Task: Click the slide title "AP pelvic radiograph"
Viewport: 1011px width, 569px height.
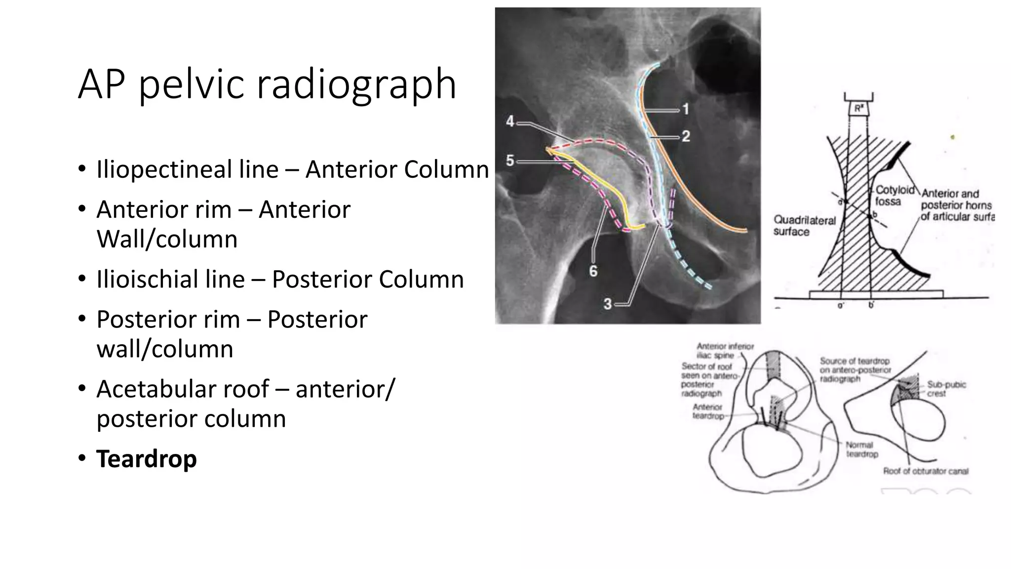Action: point(267,84)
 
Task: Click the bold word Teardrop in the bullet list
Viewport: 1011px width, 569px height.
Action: point(147,458)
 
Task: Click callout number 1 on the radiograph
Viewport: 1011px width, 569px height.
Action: point(685,109)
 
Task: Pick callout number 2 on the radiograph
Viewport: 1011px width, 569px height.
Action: point(686,136)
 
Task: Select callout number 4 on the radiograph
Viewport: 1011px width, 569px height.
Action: point(510,122)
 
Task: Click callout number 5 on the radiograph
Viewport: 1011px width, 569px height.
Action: point(510,161)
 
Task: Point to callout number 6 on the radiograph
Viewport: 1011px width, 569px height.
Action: point(593,271)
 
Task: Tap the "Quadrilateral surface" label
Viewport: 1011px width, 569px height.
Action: point(804,226)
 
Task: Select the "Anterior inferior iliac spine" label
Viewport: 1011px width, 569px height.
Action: point(725,351)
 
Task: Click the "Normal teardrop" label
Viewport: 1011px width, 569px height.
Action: point(861,449)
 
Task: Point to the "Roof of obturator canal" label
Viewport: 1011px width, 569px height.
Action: point(926,471)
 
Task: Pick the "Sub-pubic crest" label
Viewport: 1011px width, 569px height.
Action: point(945,389)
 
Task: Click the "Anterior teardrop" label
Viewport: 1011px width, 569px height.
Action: point(708,411)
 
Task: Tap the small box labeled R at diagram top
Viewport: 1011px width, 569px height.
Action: point(858,108)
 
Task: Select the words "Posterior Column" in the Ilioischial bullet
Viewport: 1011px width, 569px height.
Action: point(368,279)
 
